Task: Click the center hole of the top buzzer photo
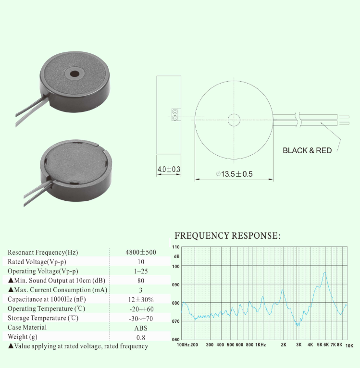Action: coord(74,74)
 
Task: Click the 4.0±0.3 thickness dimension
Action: coord(169,169)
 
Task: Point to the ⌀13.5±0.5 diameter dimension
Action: coord(234,174)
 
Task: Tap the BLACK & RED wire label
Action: coord(307,150)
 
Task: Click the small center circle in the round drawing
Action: coord(234,120)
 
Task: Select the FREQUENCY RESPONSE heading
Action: coord(227,235)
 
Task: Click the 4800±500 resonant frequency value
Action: coord(141,252)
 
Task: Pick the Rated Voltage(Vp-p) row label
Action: coord(37,262)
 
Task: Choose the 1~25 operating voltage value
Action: coord(141,271)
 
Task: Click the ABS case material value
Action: coord(141,328)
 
